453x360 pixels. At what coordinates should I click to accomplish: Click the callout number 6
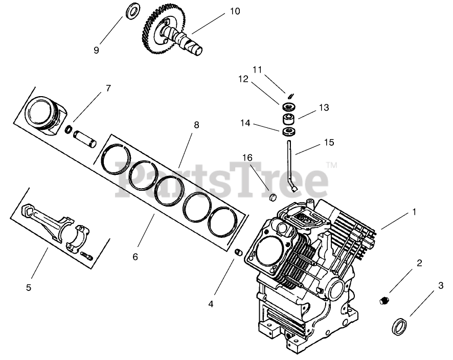(x=135, y=256)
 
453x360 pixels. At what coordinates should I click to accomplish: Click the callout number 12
(x=243, y=79)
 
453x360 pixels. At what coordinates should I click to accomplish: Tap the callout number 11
(x=257, y=69)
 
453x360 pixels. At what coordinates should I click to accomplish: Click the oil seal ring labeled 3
(x=400, y=325)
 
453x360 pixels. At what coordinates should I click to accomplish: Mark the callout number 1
(x=414, y=211)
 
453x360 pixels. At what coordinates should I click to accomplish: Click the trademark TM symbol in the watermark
(x=331, y=166)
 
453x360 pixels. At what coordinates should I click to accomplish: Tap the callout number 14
(x=245, y=123)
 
